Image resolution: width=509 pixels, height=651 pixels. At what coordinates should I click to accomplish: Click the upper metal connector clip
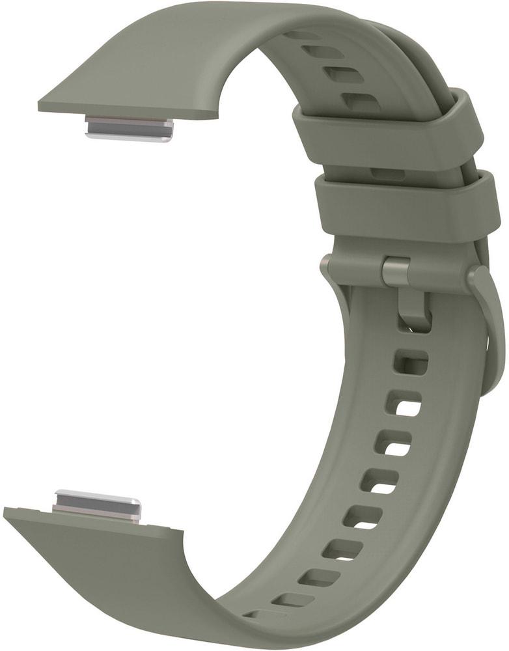coord(130,128)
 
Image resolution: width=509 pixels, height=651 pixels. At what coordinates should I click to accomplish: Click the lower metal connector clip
coord(97,505)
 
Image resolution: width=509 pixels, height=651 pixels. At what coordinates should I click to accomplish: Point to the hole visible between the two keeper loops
coord(388,174)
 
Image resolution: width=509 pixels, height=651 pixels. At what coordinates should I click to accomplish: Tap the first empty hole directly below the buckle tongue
coord(411,362)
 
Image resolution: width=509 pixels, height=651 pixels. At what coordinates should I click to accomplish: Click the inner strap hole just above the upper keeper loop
coord(362,101)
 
